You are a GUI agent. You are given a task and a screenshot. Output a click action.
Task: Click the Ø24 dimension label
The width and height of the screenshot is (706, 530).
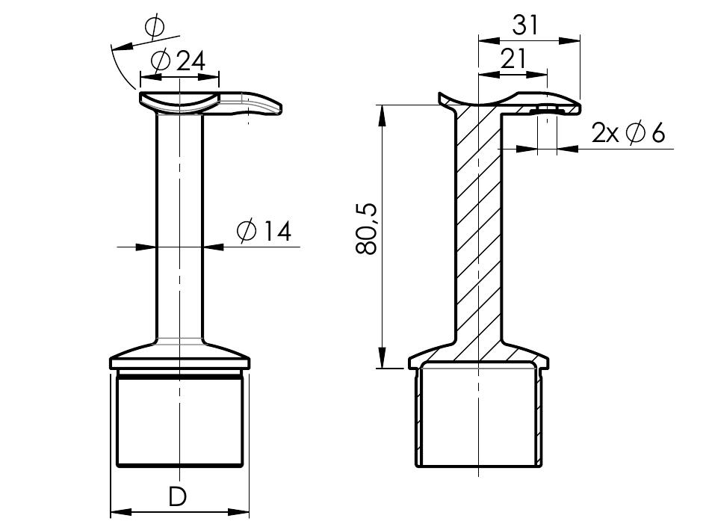[179, 61]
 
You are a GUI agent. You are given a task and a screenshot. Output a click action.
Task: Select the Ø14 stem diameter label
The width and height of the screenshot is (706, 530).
[264, 231]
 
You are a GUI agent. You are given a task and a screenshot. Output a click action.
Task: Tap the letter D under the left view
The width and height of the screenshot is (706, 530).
[177, 496]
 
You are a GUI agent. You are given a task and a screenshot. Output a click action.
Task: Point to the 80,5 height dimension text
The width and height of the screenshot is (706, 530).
[365, 229]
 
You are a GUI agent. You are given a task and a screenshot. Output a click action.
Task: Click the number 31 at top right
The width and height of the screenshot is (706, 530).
[525, 25]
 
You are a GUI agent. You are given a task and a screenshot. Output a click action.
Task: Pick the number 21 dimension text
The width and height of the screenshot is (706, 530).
[513, 58]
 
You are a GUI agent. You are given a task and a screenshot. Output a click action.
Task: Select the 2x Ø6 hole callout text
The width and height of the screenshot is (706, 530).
[628, 133]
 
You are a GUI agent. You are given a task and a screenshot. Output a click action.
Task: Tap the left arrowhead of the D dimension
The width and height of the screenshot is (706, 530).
[121, 512]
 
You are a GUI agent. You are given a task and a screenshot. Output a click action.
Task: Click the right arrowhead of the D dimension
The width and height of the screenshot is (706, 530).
[238, 512]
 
